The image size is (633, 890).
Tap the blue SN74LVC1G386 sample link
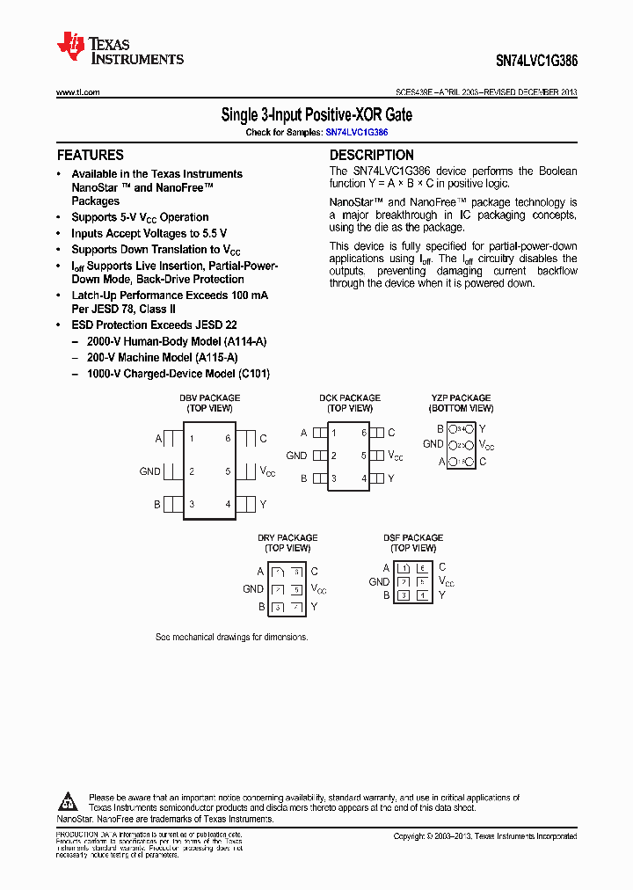[356, 132]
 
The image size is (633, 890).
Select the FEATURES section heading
[91, 155]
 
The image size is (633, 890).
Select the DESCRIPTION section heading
[371, 155]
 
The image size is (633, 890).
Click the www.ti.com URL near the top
[77, 92]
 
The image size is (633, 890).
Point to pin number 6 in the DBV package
[228, 438]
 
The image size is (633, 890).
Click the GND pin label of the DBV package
[149, 471]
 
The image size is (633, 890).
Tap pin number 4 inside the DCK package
[364, 478]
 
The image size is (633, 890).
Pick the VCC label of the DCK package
[395, 456]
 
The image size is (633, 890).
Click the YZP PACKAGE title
[461, 398]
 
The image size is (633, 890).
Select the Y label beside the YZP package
[482, 429]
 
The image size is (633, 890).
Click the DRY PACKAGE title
[287, 538]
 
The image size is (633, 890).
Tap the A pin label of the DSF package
[386, 568]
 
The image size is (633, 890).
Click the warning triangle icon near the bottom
[69, 801]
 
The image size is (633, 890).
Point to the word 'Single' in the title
[238, 114]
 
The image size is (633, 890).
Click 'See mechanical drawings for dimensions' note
[231, 637]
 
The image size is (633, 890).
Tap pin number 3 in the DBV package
[192, 504]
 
